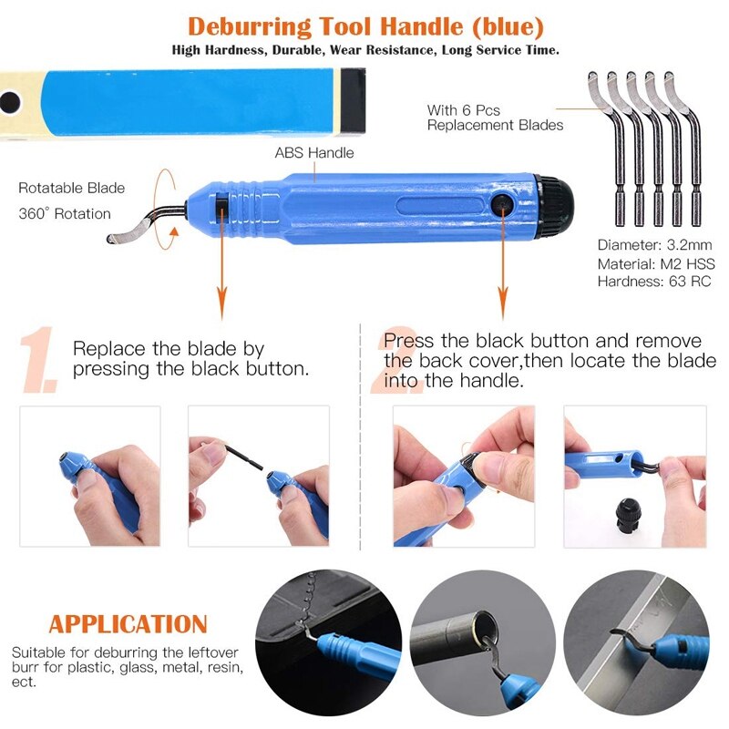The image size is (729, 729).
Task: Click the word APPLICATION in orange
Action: click(128, 624)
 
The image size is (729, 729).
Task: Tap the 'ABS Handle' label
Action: click(314, 153)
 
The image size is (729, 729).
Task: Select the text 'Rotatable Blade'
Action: click(71, 189)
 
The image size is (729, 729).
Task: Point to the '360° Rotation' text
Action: click(64, 214)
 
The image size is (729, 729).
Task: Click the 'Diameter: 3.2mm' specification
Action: click(653, 245)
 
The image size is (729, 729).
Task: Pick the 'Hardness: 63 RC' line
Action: click(653, 282)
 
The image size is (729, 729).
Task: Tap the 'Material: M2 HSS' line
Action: click(653, 263)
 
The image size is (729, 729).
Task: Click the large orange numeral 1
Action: click(41, 362)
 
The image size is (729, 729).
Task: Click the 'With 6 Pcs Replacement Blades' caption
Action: click(495, 118)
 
